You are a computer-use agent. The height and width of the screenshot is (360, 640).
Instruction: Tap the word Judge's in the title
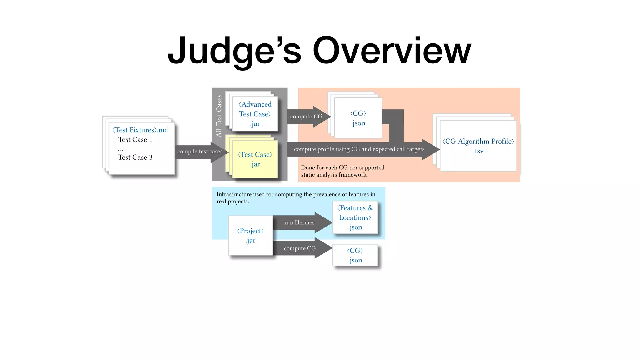(x=234, y=51)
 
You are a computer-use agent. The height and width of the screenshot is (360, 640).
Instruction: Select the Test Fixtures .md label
(x=140, y=130)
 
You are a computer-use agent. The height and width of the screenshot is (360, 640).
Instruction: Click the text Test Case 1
(x=135, y=140)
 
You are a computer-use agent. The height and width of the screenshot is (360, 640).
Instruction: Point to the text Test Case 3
(x=135, y=157)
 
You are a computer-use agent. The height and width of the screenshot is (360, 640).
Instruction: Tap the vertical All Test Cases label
(x=219, y=116)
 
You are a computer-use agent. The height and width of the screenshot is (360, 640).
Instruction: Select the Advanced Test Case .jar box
(x=255, y=114)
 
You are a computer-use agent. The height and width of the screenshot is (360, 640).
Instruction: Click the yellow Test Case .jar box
(x=255, y=159)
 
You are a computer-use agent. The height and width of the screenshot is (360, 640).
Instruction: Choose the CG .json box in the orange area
(x=358, y=118)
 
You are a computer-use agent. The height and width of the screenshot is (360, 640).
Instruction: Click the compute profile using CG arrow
(x=359, y=149)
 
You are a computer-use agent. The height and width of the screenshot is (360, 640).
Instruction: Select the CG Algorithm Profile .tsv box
(x=478, y=146)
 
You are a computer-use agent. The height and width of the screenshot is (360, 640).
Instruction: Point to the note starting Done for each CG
(x=342, y=171)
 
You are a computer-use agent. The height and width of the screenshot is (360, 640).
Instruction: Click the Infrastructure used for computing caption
(x=296, y=198)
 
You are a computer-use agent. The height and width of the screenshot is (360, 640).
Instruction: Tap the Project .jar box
(x=251, y=236)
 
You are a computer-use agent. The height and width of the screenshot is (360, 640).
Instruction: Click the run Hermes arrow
(x=299, y=223)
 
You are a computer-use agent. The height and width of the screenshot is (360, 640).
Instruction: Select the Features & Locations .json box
(x=355, y=217)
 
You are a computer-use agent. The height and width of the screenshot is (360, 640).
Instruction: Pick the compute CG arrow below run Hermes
(x=300, y=248)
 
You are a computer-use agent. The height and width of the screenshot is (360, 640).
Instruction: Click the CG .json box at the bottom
(x=355, y=255)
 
